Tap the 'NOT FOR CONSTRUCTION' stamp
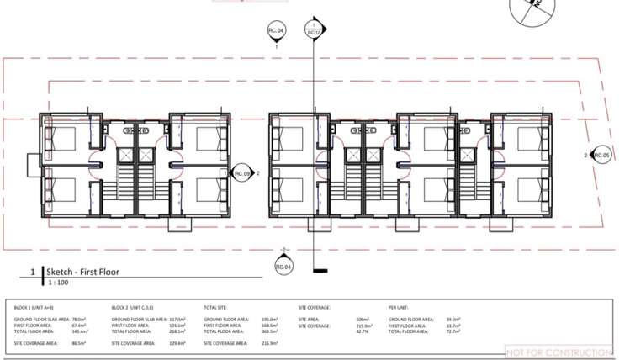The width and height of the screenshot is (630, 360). click(x=559, y=352)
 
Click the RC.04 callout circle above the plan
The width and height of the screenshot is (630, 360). click(x=277, y=31)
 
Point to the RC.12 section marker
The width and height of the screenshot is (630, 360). click(x=315, y=30)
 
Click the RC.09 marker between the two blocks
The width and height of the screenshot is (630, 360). click(x=243, y=173)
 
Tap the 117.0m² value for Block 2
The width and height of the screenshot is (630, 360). click(x=177, y=320)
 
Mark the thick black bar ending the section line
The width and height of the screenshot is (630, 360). click(x=319, y=271)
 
